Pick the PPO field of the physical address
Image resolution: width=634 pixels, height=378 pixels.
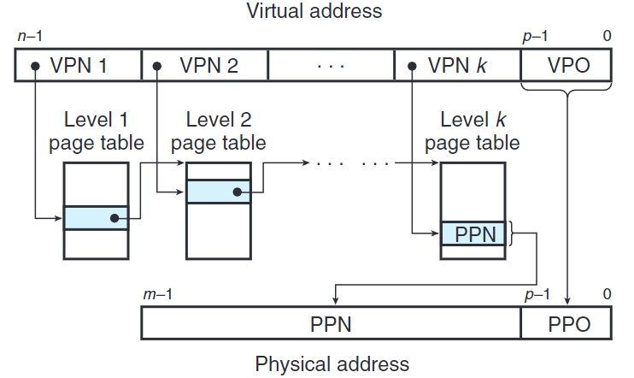click(x=567, y=325)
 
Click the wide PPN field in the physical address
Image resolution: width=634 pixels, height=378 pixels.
click(x=331, y=325)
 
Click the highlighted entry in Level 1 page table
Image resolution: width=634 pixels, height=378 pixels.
click(x=96, y=218)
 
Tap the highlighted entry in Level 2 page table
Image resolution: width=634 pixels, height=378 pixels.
click(x=218, y=191)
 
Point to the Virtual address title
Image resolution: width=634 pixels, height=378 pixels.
click(x=314, y=11)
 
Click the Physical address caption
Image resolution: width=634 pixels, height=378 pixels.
click(x=332, y=363)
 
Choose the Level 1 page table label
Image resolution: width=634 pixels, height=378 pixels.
click(x=96, y=131)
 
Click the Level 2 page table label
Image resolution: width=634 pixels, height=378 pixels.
click(x=218, y=131)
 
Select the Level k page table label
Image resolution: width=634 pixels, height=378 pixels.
click(x=472, y=131)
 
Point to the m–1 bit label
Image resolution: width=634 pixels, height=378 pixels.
click(x=156, y=294)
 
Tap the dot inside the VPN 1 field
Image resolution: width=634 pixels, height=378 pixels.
click(x=35, y=66)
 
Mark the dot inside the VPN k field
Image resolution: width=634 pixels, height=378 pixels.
click(x=411, y=66)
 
